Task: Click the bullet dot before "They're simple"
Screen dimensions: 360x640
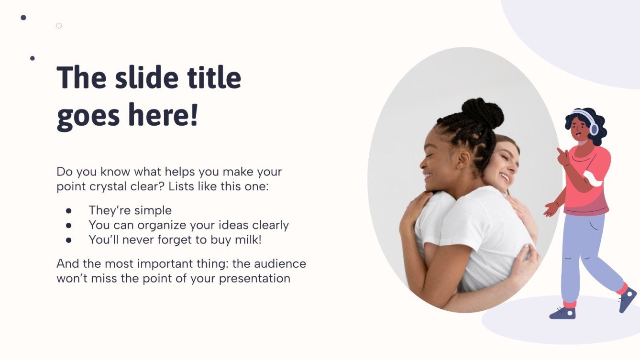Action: click(68, 210)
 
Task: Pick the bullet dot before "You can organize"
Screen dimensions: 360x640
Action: click(68, 225)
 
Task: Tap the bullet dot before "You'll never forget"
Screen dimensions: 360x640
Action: click(68, 240)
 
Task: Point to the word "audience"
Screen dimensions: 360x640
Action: click(280, 263)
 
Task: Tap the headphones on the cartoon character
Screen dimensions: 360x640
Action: click(593, 127)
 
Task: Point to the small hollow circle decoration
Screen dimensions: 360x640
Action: click(59, 25)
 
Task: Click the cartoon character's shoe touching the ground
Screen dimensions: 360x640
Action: click(563, 313)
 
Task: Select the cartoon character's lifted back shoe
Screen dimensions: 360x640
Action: click(627, 299)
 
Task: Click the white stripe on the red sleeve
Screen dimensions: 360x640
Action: click(595, 180)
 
